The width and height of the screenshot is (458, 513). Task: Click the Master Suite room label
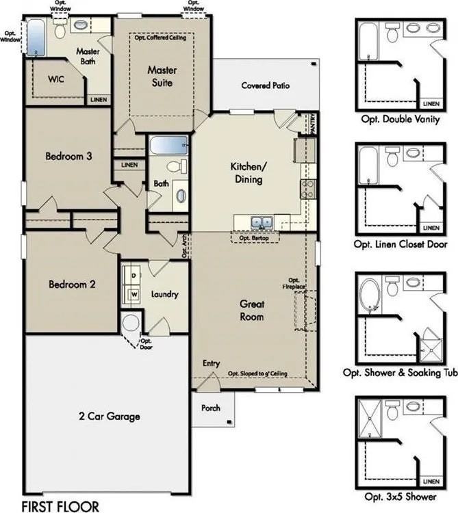(162, 77)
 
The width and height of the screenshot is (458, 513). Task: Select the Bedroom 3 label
(69, 156)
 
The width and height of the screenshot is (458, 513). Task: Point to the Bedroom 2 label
(71, 284)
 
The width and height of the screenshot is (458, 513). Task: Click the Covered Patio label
(265, 86)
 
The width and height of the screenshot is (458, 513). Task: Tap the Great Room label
(251, 310)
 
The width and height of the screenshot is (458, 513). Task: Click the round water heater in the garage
(129, 323)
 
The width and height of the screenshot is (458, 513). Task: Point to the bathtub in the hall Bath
(168, 146)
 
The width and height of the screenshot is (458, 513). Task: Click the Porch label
(211, 408)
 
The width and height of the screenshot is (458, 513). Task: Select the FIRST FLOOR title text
(60, 506)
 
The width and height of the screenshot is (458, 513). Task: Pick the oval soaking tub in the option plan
(370, 293)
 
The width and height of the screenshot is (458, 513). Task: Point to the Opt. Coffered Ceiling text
(162, 38)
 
